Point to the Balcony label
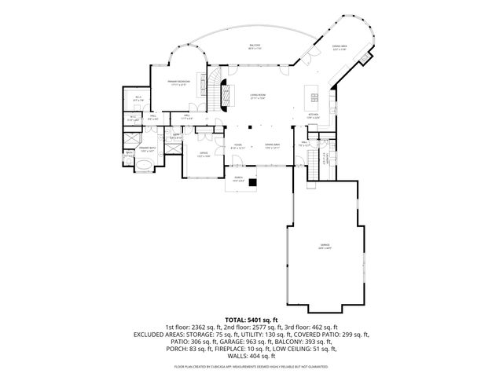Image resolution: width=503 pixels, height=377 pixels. [255, 47]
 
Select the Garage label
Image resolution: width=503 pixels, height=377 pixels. [325, 246]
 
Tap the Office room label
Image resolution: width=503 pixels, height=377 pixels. [203, 154]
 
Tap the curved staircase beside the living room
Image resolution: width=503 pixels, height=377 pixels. [213, 85]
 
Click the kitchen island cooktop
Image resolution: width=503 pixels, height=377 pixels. [314, 97]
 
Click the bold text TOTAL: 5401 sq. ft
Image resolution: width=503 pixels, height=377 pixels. [251, 320]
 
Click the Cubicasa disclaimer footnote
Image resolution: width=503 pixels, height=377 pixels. [251, 367]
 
